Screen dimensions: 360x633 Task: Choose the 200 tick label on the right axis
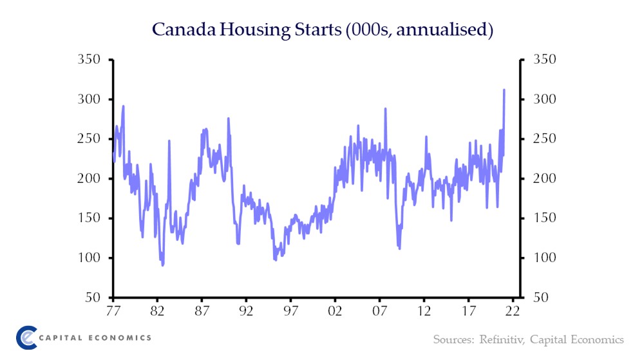544,179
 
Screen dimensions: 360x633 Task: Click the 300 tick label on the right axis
544,100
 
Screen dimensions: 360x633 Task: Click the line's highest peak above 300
504,90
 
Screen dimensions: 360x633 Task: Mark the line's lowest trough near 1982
163,265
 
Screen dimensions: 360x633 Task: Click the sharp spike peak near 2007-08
386,109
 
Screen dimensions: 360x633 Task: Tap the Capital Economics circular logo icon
26,337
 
